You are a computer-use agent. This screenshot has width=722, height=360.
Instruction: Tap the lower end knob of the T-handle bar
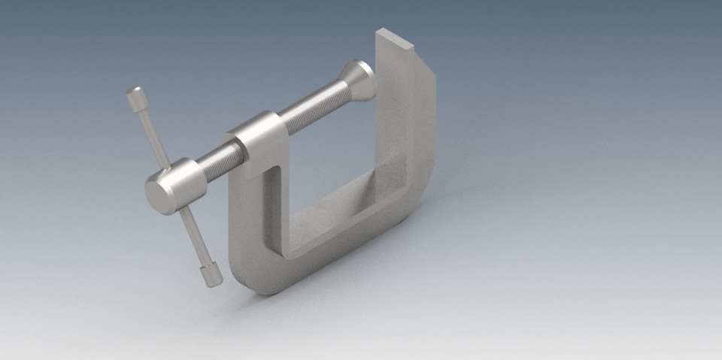(x=211, y=274)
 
